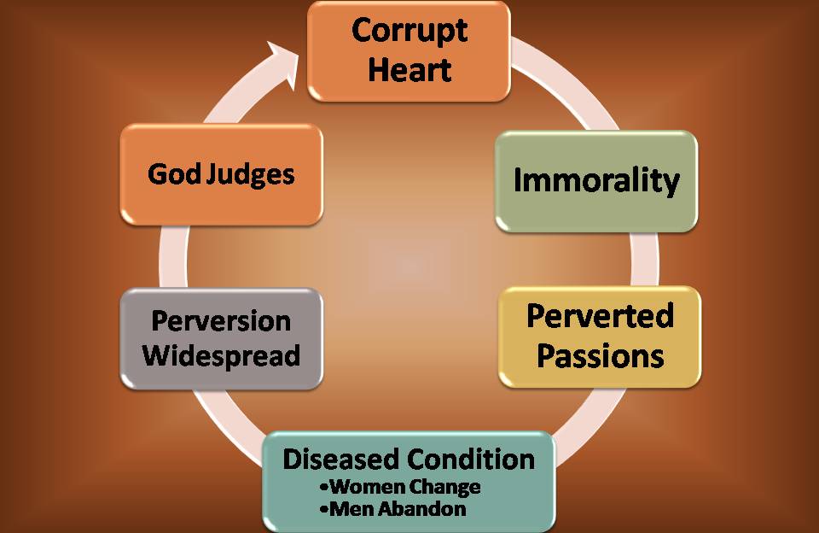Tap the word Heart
click(409, 69)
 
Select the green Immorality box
click(596, 181)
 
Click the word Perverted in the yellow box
click(600, 315)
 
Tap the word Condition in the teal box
click(471, 460)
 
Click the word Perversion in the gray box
click(221, 320)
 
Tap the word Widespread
click(221, 355)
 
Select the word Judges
click(251, 175)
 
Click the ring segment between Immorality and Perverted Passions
click(645, 259)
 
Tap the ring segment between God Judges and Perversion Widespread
click(173, 257)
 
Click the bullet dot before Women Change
click(324, 488)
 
